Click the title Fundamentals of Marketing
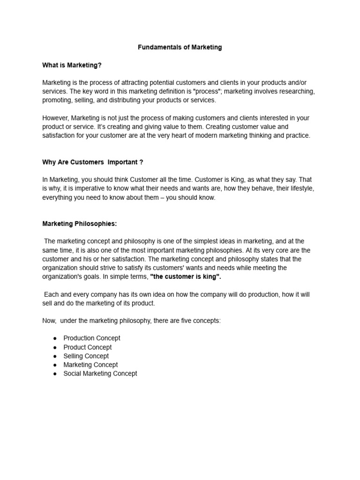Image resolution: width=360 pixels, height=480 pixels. (180, 47)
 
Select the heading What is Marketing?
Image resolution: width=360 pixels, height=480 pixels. (72, 65)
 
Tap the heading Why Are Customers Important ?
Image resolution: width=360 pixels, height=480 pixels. (93, 162)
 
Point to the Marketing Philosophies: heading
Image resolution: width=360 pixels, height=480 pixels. (80, 224)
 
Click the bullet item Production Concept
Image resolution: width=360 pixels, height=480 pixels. (92, 338)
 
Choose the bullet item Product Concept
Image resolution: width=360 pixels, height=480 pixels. (88, 347)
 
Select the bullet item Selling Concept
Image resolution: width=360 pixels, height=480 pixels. (86, 356)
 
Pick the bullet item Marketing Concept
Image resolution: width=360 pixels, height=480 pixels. (90, 365)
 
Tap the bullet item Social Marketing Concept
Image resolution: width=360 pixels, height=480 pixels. (100, 374)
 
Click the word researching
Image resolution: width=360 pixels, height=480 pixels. (298, 91)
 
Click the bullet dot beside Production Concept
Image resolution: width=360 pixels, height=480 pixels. (55, 338)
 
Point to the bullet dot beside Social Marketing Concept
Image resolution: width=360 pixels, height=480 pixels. (55, 374)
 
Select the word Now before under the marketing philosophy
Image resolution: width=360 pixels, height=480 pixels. (49, 321)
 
